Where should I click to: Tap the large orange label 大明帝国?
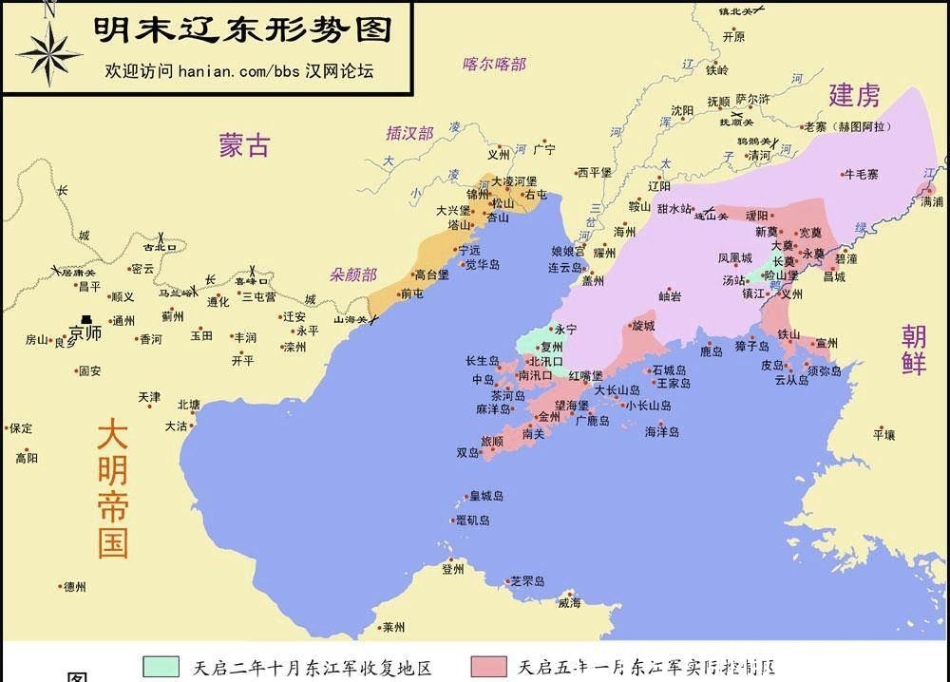[x=112, y=488]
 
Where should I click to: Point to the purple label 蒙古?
[x=244, y=145]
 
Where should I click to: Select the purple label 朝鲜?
[x=914, y=349]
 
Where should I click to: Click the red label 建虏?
[x=854, y=95]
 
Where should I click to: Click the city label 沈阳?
[x=682, y=111]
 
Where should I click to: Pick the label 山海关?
[x=350, y=320]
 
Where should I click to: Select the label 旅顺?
[x=492, y=442]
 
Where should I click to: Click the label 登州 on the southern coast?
[x=452, y=569]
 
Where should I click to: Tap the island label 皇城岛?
[x=485, y=497]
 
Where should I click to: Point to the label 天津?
[x=150, y=396]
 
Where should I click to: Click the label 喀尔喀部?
[x=494, y=65]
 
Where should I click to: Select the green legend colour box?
[x=161, y=666]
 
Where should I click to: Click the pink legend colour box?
[x=488, y=666]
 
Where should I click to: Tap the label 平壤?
[x=883, y=435]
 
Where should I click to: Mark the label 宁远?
[x=469, y=251]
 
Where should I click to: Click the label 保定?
[x=21, y=428]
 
